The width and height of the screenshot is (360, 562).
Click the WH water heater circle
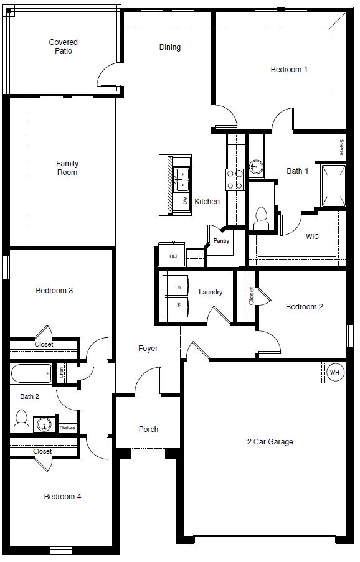(x=334, y=372)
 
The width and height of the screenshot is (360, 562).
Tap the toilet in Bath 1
(x=261, y=218)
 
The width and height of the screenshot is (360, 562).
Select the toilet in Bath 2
(x=22, y=421)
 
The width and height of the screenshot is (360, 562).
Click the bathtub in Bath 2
(x=31, y=373)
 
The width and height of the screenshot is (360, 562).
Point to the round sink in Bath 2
(x=44, y=424)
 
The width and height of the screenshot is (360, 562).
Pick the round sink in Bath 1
(x=256, y=167)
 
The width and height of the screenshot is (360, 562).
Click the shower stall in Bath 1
(x=333, y=185)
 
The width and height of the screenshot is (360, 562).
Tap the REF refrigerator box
(x=172, y=255)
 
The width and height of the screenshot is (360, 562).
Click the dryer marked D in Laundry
(x=176, y=286)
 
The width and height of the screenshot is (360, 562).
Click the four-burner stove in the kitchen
(x=235, y=180)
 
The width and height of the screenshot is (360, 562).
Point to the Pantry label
(x=221, y=240)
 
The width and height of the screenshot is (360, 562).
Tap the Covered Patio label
(x=63, y=47)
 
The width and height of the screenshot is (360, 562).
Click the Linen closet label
(x=61, y=372)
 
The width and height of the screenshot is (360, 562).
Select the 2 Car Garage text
(x=270, y=442)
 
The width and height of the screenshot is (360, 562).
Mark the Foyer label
(x=148, y=349)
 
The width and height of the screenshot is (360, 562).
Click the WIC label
(x=312, y=237)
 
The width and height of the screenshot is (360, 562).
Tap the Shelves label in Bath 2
(x=67, y=428)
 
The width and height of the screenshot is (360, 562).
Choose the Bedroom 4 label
(x=62, y=497)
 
